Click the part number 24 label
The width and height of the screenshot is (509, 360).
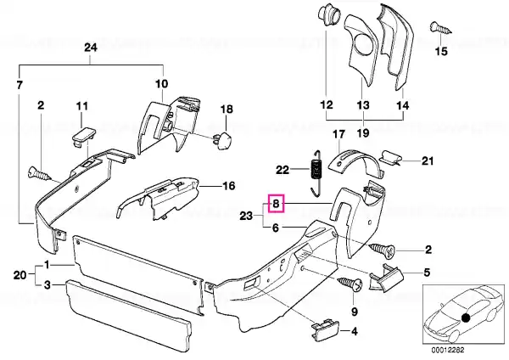(91, 48)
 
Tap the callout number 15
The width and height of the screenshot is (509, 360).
(439, 53)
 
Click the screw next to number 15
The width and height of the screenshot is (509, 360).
(437, 28)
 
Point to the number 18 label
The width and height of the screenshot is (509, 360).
(227, 110)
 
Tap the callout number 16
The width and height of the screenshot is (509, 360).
(227, 187)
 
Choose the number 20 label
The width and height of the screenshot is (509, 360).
(20, 273)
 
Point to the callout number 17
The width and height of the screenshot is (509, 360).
(337, 135)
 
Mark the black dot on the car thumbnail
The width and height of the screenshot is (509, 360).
(466, 316)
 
